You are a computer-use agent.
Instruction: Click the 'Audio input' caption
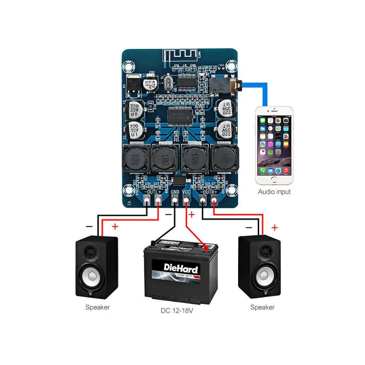point(274,192)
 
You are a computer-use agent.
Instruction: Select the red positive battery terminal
point(206,248)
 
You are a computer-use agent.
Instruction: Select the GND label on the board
point(175,193)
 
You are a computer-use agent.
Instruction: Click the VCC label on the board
point(187,193)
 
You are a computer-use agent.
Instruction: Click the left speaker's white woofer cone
point(92,276)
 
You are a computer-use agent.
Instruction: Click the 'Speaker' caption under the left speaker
point(97,307)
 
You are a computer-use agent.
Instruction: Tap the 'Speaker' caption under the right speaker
point(262,307)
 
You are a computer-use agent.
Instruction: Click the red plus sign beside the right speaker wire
point(275,227)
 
